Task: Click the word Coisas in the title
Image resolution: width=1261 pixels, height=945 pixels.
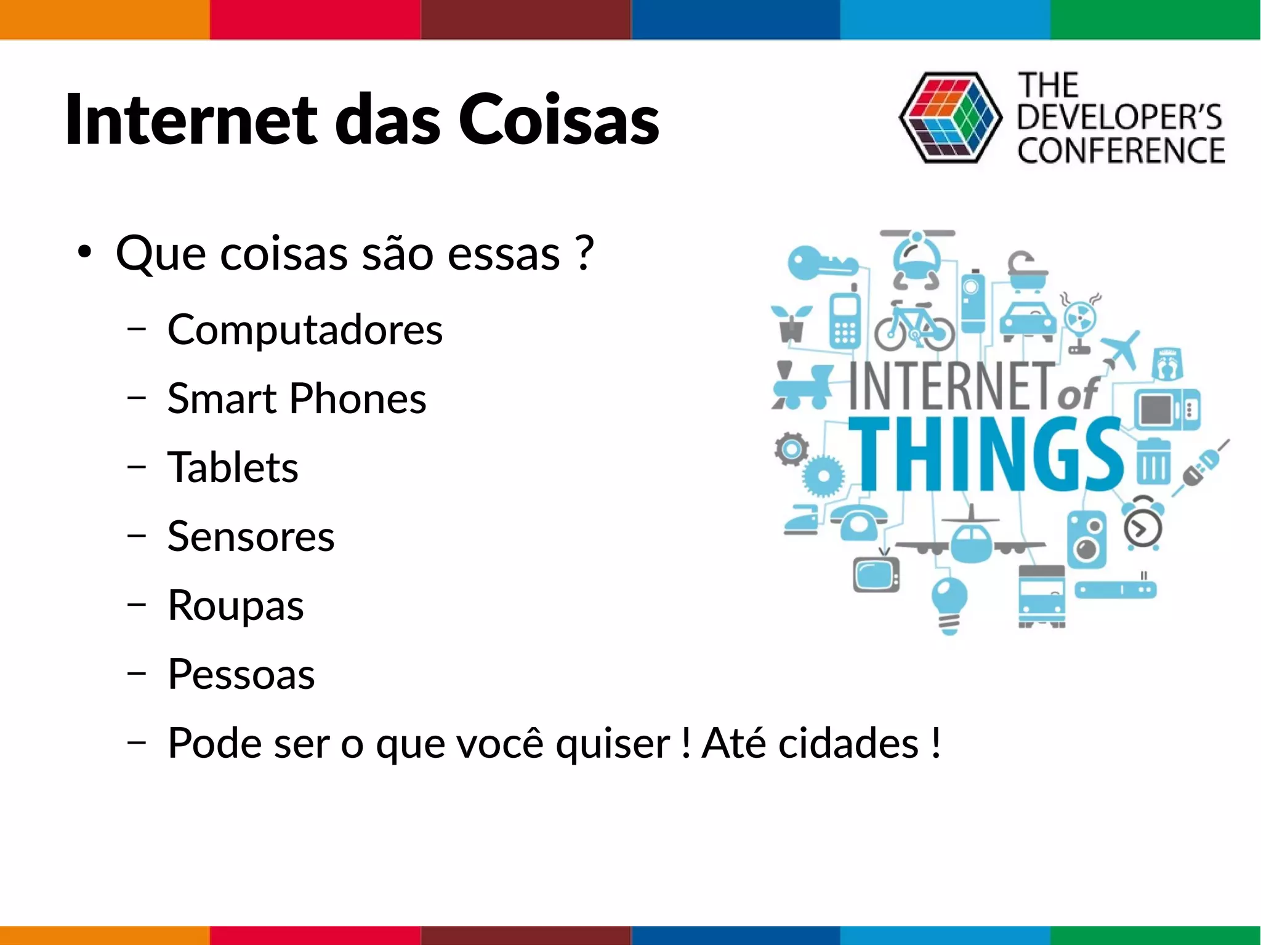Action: coord(558,119)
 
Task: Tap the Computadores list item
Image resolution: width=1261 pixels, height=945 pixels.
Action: coord(305,330)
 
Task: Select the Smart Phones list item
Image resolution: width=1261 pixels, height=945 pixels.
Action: coord(297,399)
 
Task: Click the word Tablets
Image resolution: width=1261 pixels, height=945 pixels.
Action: coord(233,467)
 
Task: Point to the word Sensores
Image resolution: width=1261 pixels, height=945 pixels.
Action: coord(251,536)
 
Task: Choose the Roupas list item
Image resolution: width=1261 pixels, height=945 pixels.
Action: coord(236,605)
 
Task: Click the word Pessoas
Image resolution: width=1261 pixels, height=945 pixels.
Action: coord(241,674)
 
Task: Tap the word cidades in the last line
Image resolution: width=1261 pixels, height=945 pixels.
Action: coord(848,743)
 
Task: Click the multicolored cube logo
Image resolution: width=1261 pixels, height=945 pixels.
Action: coord(950,118)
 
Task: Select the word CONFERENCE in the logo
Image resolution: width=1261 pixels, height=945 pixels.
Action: coord(1121,151)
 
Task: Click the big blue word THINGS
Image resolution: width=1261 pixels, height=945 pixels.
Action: coord(985,456)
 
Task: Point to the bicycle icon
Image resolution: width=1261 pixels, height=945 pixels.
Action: coord(914,327)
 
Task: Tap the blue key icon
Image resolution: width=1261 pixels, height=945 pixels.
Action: coord(819,263)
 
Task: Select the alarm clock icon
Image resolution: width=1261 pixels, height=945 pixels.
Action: coord(1142,525)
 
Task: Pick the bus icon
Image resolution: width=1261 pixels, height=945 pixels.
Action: coord(1042,596)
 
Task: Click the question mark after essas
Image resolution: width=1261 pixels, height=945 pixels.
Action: coord(586,254)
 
